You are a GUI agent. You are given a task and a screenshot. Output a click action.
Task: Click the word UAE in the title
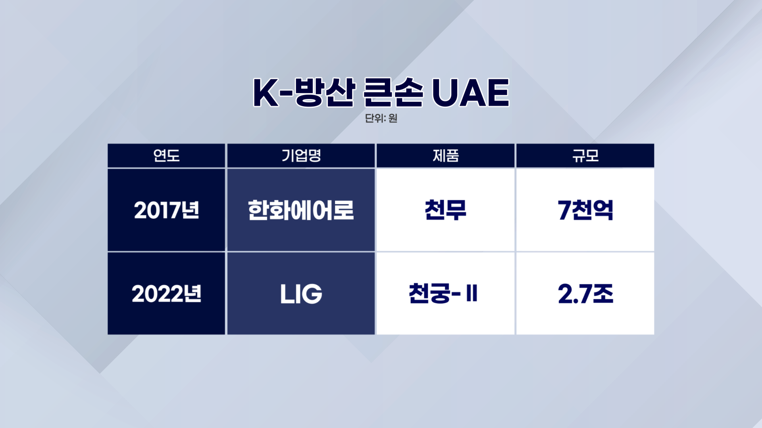pos(470,92)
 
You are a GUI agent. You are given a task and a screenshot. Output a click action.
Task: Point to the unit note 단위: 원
pos(381,118)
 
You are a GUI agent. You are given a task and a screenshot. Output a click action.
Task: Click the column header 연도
pos(167,155)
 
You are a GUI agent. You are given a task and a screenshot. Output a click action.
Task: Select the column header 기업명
pos(301,155)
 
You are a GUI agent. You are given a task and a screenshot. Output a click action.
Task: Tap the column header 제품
pos(446,155)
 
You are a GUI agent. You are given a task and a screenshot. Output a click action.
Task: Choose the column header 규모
pos(585,155)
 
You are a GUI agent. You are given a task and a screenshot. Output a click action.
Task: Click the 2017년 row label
pos(167,210)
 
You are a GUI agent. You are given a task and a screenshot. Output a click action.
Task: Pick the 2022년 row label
pos(167,294)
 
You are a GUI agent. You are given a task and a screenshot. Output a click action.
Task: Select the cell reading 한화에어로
pos(301,210)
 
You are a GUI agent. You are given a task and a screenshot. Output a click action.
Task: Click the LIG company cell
pos(301,294)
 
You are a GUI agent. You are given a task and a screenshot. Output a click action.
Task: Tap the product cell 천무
pos(446,210)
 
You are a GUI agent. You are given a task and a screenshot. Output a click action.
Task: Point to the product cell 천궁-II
pos(443,294)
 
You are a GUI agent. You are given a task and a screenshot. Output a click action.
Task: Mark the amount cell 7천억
pos(585,210)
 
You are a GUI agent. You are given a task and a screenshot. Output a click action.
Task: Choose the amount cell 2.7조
pos(585,294)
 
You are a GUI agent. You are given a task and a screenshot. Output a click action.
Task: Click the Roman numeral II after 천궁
pos(472,294)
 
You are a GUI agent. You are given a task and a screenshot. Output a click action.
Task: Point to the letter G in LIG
pos(312,294)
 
